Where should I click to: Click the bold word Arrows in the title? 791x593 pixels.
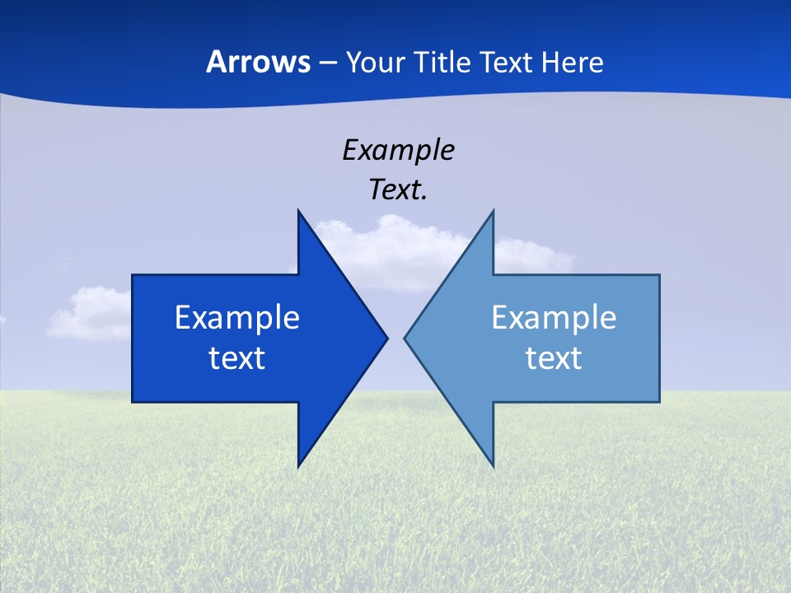(x=258, y=62)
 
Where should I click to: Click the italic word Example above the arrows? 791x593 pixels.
(x=398, y=151)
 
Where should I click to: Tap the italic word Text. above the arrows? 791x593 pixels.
(x=398, y=190)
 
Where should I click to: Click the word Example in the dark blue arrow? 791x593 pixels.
(x=237, y=318)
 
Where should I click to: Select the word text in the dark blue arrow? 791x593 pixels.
(x=237, y=358)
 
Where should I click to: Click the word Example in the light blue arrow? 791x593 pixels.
(x=554, y=318)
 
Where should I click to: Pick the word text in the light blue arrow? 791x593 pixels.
(x=554, y=358)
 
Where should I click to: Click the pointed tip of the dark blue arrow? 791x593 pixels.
(x=386, y=338)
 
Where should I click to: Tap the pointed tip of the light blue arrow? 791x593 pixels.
(x=405, y=338)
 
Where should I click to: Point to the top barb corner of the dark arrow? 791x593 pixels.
(x=298, y=212)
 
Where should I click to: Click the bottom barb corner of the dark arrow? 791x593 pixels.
(x=298, y=465)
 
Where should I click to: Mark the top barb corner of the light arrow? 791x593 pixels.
(x=493, y=212)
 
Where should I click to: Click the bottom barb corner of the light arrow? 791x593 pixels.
(x=493, y=465)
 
